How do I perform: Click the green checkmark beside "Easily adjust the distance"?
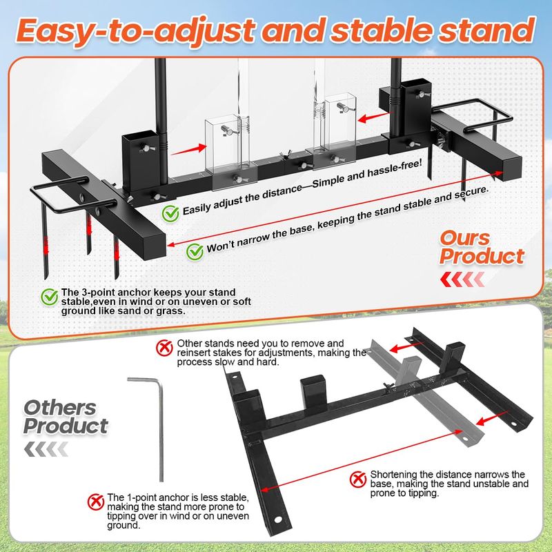(170, 213)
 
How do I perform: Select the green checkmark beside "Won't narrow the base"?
(195, 252)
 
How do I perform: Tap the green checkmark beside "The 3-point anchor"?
(49, 297)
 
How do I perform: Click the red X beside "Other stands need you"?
(164, 348)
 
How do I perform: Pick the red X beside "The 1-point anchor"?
(96, 502)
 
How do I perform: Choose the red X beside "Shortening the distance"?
(358, 479)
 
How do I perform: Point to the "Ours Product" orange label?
(482, 248)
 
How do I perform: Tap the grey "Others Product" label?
(66, 417)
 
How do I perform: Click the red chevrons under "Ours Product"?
(462, 279)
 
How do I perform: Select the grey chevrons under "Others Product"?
(46, 449)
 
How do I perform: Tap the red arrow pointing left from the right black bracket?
(375, 117)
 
